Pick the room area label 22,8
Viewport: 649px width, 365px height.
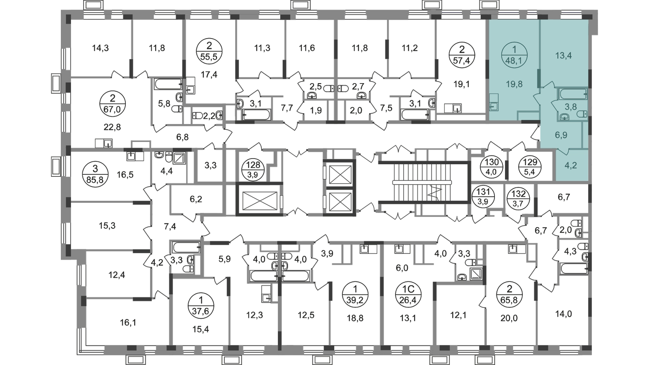[x=112, y=127]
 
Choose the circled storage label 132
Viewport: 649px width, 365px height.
[x=518, y=198]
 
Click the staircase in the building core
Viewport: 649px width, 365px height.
[x=422, y=182]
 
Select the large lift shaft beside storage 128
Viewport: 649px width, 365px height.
[x=259, y=199]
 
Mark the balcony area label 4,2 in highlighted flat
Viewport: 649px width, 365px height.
[x=571, y=165]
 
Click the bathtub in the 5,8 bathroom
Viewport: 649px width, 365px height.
[x=168, y=84]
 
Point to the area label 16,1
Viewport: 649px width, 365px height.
[x=128, y=322]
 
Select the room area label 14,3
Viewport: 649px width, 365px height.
[x=100, y=48]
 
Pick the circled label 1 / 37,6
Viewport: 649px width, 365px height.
[x=201, y=305]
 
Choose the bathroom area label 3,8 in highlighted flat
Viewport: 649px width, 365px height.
[x=570, y=107]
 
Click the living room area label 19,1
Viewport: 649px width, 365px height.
[x=462, y=85]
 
